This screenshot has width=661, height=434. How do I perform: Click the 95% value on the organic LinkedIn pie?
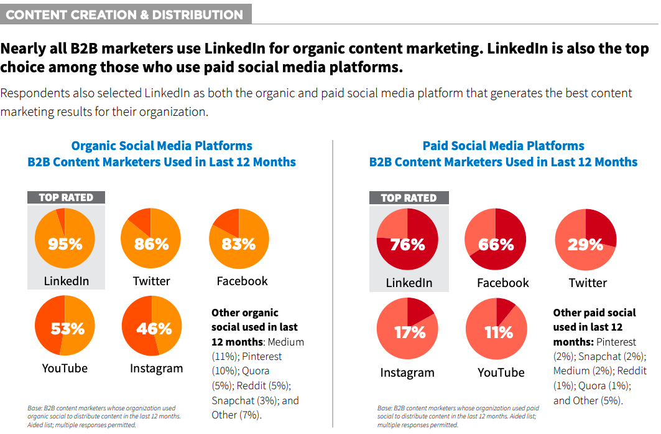coord(65,243)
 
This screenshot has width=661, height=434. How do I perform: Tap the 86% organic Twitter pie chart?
coord(151,240)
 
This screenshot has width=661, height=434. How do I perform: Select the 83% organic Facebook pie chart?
coord(239,240)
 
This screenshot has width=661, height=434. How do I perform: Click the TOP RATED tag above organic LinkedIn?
coord(66,197)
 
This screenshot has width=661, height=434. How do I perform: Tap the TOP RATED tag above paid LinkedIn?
coord(409,198)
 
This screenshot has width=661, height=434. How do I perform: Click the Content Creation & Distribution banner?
coord(125,14)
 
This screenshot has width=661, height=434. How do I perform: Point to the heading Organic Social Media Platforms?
coord(162,146)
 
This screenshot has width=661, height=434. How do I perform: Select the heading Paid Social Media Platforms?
coord(503,146)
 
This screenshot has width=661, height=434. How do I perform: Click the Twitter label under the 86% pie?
coord(151,281)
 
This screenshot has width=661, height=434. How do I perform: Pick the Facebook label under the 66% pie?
coord(502,283)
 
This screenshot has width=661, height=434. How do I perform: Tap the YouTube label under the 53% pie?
coord(65,368)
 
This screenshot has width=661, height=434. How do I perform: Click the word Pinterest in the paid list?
coord(616,342)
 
